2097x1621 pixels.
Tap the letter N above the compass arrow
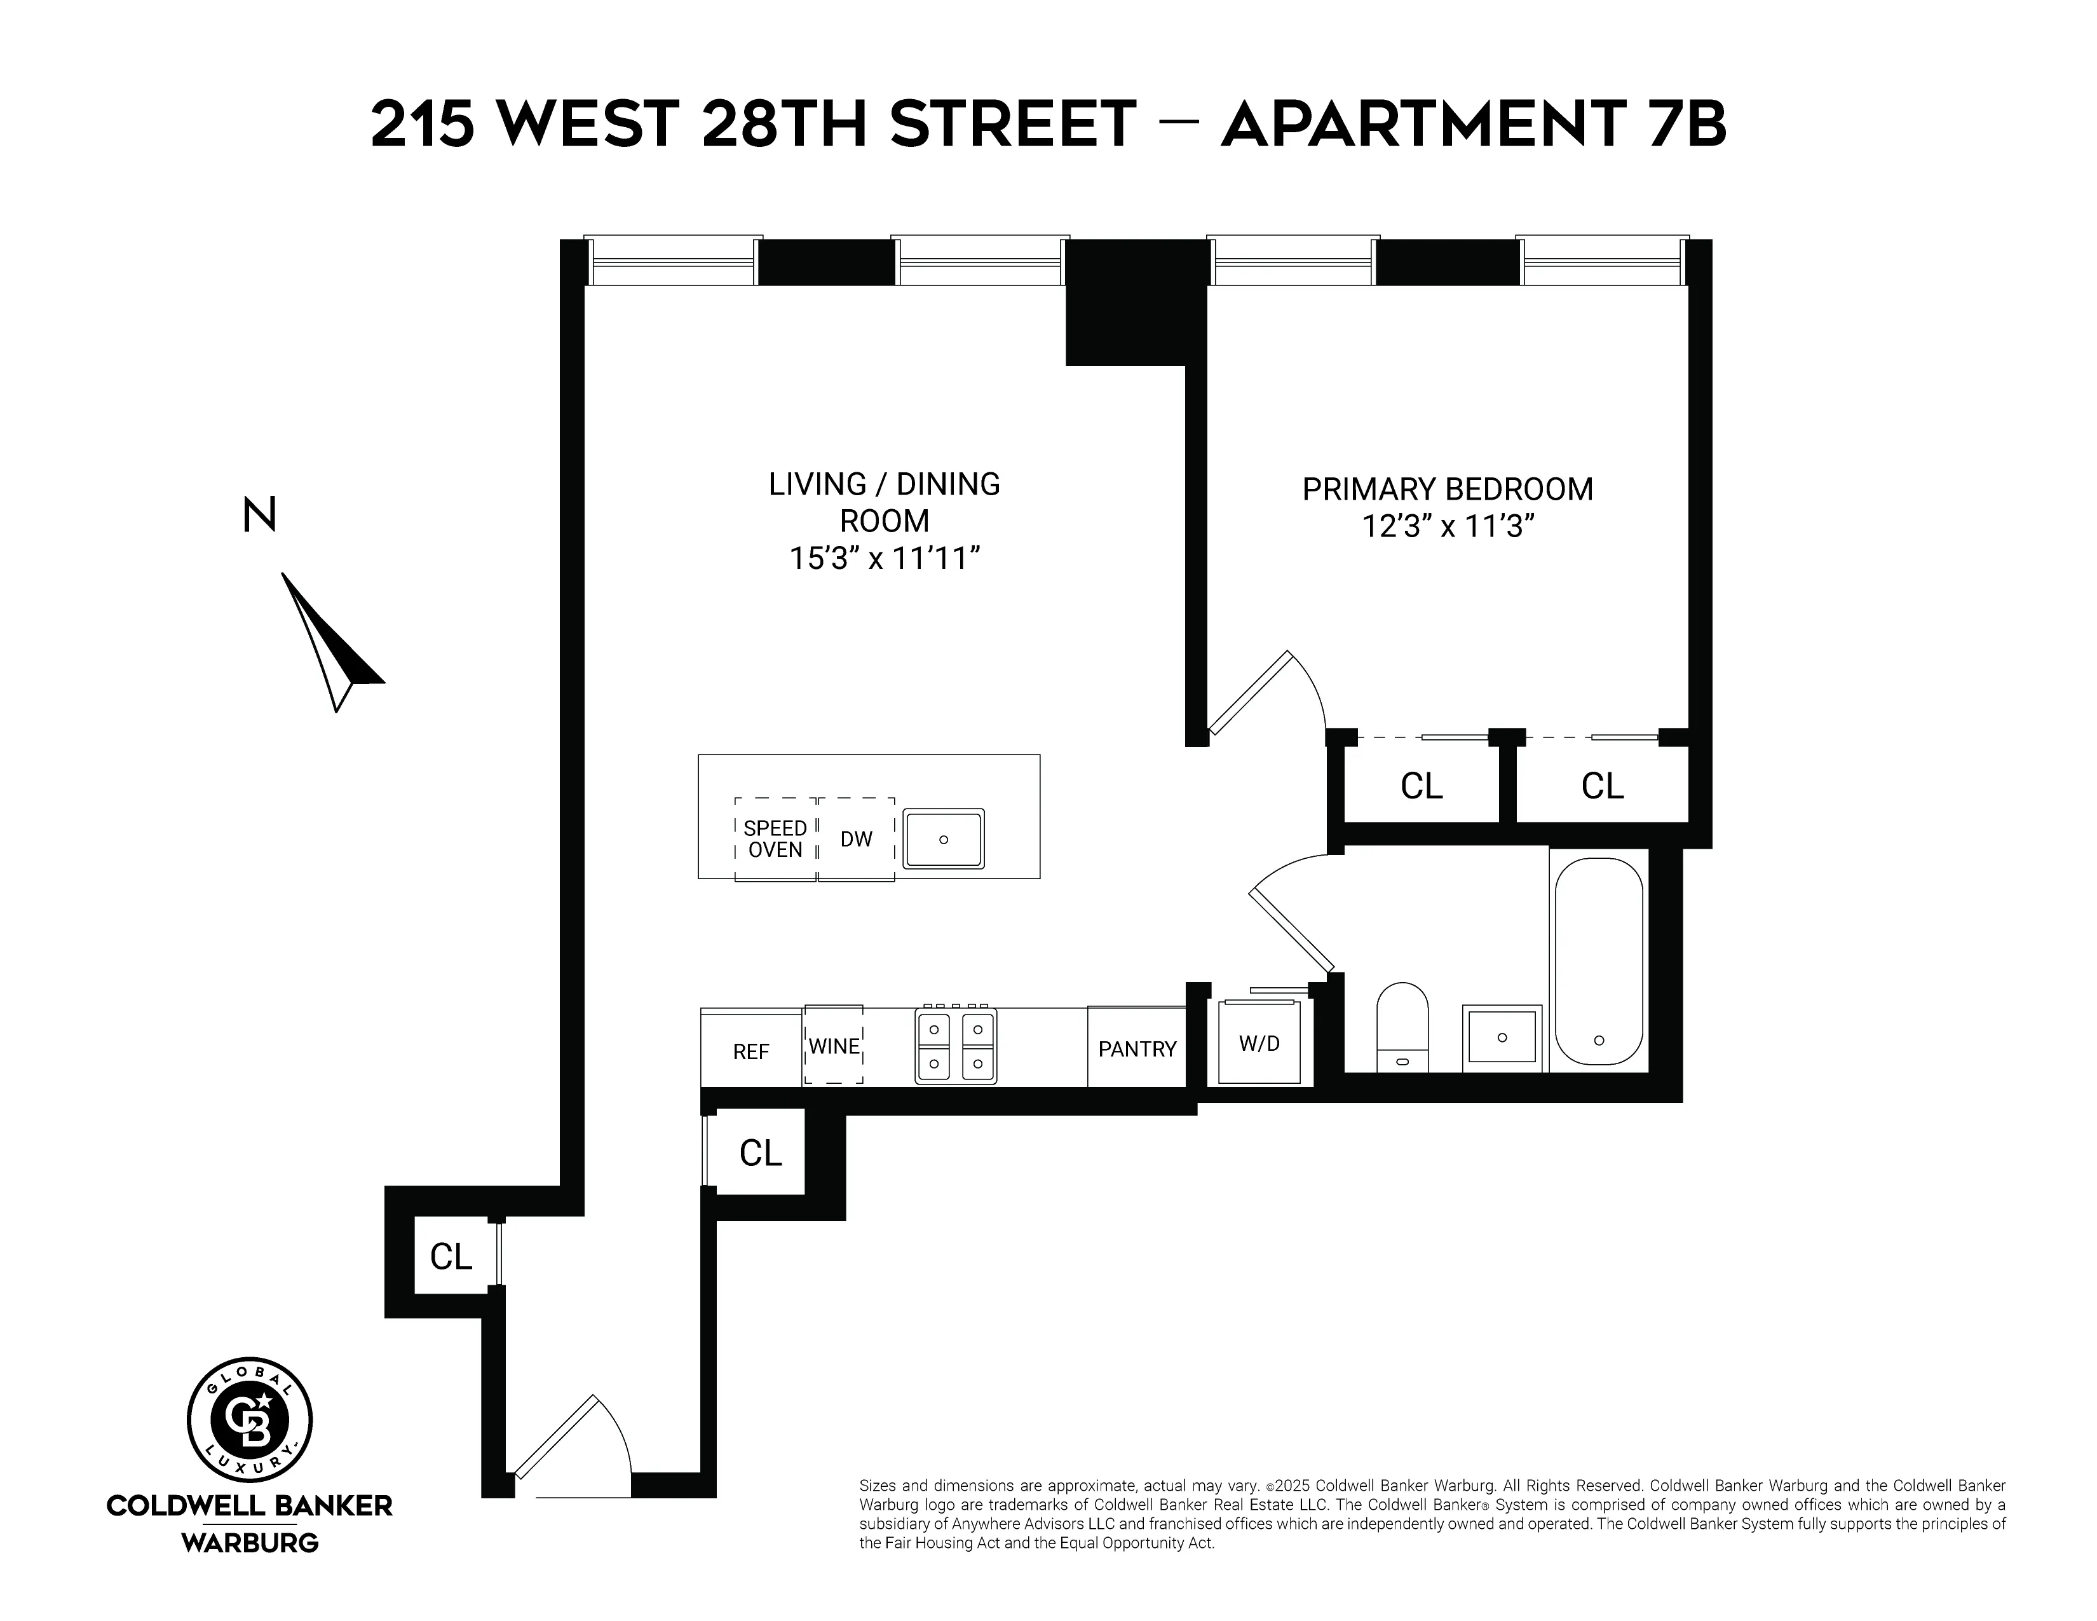(259, 515)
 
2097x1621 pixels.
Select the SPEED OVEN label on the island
(775, 838)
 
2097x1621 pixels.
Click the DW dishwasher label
(855, 839)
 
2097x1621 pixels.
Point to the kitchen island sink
(944, 839)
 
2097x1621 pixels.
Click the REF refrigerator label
(751, 1051)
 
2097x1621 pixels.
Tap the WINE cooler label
(834, 1046)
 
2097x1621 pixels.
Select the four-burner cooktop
(955, 1045)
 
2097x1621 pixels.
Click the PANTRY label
(1137, 1049)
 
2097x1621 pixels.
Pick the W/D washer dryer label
(1259, 1044)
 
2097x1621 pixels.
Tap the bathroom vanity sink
(1502, 1038)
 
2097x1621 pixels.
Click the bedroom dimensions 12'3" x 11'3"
(1443, 526)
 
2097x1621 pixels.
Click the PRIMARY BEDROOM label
(1447, 489)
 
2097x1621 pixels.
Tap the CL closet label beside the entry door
(451, 1256)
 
